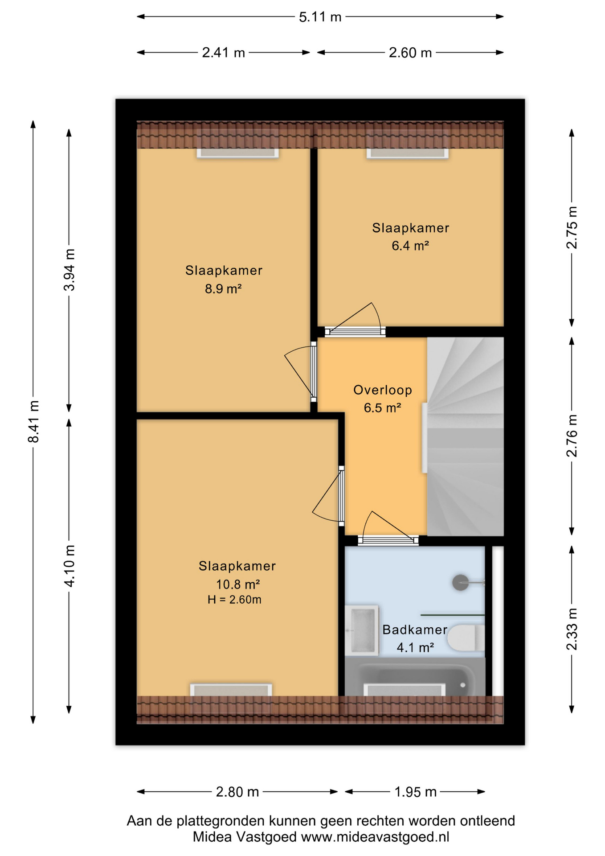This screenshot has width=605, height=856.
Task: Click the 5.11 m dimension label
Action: point(320,17)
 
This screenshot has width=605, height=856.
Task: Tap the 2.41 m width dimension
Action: point(223,53)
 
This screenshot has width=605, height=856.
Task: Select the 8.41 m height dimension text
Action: point(34,422)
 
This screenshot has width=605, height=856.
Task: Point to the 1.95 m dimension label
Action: point(415,792)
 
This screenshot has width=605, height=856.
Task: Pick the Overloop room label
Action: point(383,390)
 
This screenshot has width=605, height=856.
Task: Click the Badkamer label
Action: point(415,630)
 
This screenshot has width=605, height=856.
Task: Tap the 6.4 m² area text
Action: point(410,246)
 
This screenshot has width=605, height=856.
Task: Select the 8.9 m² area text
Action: point(223,289)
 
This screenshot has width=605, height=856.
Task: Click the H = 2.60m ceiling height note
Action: point(234,600)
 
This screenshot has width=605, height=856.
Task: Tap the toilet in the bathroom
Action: point(466,638)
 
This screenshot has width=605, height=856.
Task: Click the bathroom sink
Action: point(362,630)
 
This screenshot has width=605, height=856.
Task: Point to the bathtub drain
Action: point(463,685)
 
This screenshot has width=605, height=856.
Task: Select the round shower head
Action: point(460,583)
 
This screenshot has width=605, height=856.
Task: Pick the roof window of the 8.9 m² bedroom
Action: point(238,153)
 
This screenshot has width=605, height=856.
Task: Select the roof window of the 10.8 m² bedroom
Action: point(231,690)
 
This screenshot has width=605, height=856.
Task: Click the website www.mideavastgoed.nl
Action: point(375,837)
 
